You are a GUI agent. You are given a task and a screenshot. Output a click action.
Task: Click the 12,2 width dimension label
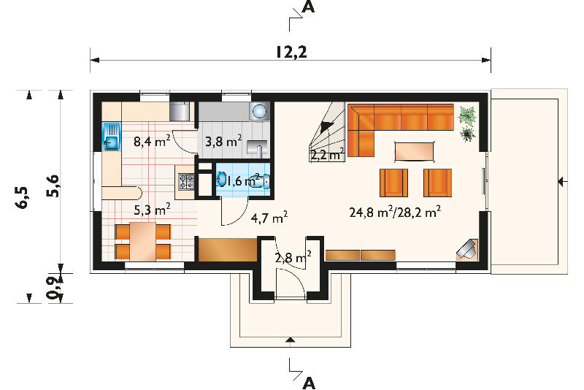291,52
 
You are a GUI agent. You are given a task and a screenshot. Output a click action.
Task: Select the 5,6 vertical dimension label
53,186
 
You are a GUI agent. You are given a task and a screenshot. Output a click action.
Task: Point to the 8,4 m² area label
152,141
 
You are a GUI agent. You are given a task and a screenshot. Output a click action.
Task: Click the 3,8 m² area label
223,141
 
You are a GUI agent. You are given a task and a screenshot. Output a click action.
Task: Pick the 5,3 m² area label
152,210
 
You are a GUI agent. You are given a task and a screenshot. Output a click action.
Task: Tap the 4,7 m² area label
269,217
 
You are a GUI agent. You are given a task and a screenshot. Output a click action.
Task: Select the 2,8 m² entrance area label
293,257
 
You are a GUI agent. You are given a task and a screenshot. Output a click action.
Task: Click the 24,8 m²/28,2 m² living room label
395,213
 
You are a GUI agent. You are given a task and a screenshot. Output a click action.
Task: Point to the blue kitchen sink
112,137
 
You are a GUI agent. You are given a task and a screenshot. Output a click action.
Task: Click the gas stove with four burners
187,182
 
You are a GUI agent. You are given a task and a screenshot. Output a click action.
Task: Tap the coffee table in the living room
415,151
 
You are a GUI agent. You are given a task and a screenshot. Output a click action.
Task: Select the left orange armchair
393,183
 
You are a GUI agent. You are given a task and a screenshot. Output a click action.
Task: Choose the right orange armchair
437,183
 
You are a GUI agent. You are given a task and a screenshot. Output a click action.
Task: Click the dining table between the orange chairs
142,241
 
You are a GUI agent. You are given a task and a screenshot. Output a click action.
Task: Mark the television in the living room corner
467,249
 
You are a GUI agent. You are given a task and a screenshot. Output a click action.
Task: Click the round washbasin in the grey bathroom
259,110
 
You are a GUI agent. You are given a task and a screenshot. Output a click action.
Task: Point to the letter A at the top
308,7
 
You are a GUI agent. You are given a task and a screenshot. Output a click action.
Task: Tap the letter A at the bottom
309,383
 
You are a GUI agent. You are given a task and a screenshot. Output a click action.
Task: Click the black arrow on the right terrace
562,182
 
